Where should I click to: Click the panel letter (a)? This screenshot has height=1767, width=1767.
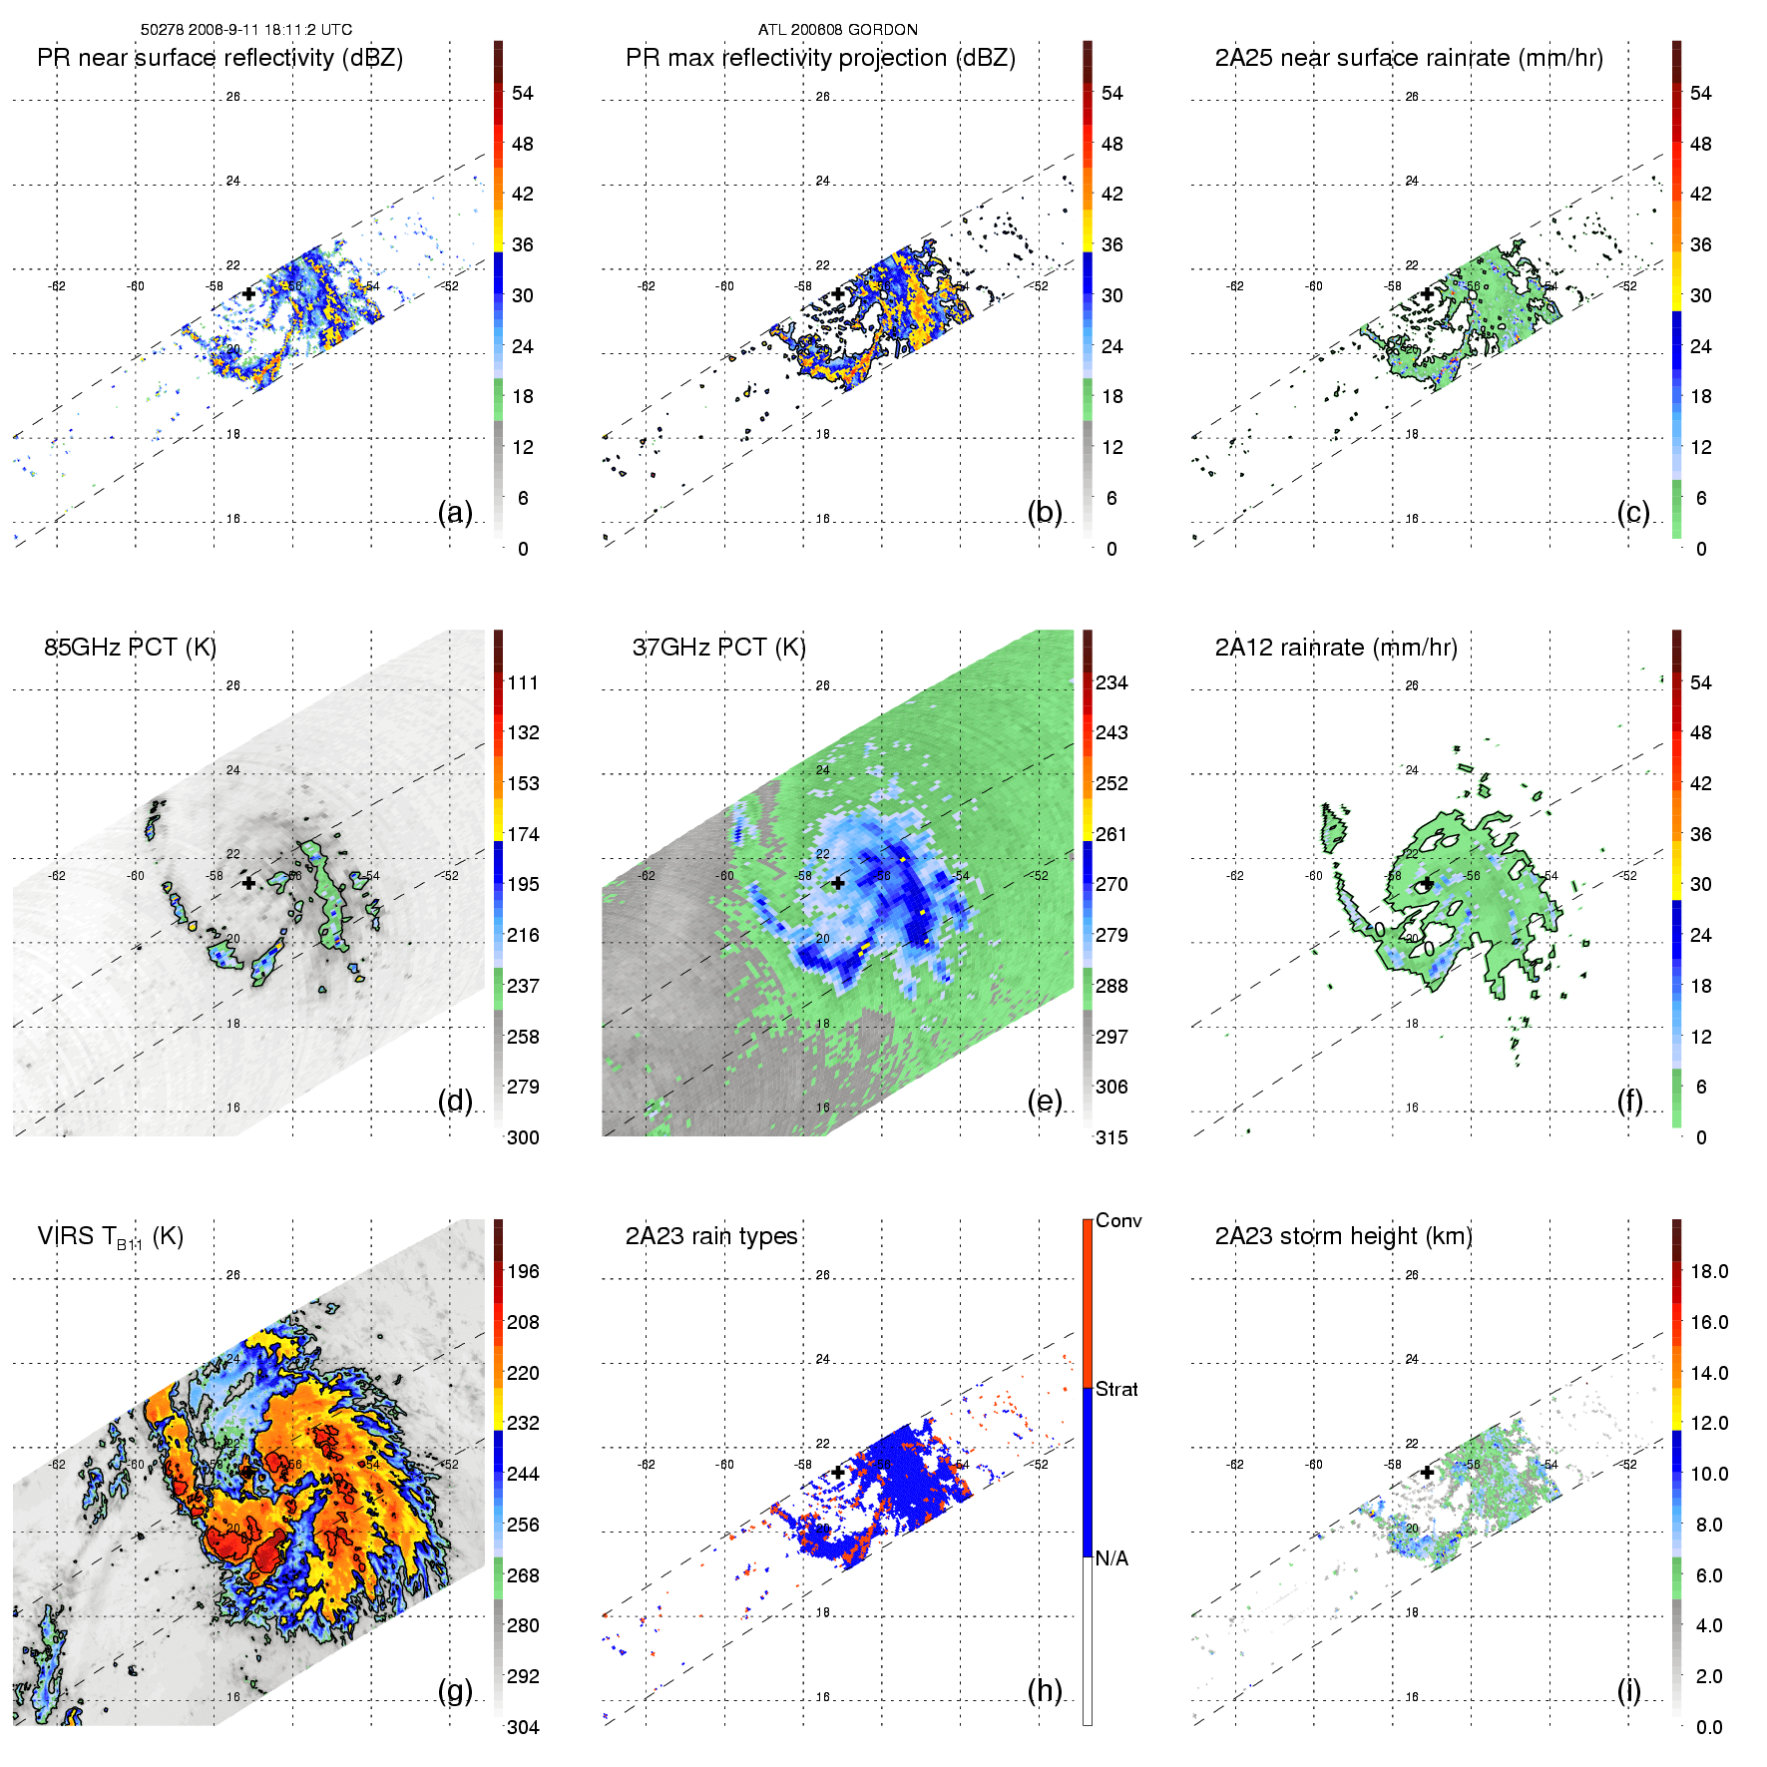tap(455, 513)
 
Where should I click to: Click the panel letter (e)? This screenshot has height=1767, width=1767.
tap(1045, 1102)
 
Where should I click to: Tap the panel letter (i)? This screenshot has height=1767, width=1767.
tap(1629, 1690)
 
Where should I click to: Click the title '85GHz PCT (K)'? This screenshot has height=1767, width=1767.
tap(131, 648)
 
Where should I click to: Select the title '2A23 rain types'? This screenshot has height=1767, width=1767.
tap(711, 1236)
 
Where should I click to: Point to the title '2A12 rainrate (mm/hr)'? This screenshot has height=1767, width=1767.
tap(1336, 648)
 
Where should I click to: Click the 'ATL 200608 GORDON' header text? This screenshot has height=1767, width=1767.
tap(838, 30)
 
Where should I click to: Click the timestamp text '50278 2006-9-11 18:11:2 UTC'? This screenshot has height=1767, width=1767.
tap(246, 30)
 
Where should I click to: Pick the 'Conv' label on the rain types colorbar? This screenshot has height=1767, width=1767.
tap(1118, 1221)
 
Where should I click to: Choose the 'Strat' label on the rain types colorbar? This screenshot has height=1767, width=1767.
tap(1116, 1390)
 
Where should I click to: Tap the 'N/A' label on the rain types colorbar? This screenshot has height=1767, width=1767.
tap(1111, 1558)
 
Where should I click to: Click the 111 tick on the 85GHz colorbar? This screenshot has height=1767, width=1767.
tap(523, 683)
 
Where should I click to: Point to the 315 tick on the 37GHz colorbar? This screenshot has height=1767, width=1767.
tap(1111, 1138)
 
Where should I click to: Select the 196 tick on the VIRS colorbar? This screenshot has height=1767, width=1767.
tap(523, 1272)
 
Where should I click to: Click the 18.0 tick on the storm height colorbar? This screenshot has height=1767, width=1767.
tap(1709, 1272)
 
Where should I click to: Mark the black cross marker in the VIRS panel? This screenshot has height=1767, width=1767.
tap(248, 1472)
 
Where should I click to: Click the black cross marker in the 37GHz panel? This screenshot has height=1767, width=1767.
tap(838, 883)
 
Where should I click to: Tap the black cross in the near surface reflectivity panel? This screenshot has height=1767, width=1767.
tap(248, 293)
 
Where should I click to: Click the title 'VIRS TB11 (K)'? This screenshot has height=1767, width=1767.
tap(111, 1237)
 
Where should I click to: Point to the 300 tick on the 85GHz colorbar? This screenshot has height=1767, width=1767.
tap(523, 1138)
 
